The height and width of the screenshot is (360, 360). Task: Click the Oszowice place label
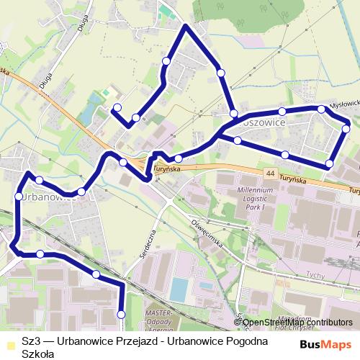(x=265, y=124)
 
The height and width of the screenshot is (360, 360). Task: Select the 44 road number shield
(x=270, y=174)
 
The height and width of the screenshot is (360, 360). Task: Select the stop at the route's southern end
(x=121, y=315)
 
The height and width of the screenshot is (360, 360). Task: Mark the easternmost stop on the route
(x=346, y=128)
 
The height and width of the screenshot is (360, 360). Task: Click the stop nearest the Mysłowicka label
(x=321, y=109)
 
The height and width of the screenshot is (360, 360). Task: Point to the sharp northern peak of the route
(x=186, y=26)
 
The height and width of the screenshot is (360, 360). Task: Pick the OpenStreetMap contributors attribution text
(x=297, y=323)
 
